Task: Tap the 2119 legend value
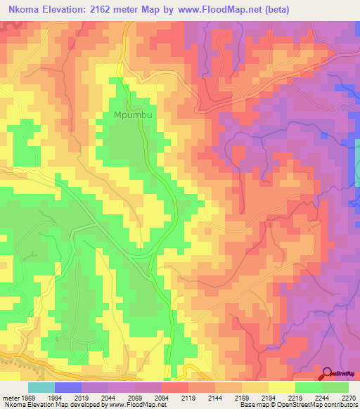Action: (x=189, y=397)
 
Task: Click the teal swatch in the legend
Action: (x=41, y=387)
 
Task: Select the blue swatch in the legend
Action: (x=68, y=387)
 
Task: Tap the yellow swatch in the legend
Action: (x=282, y=387)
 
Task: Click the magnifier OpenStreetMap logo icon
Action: (x=328, y=375)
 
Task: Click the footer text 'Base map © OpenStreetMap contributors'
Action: (x=298, y=405)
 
